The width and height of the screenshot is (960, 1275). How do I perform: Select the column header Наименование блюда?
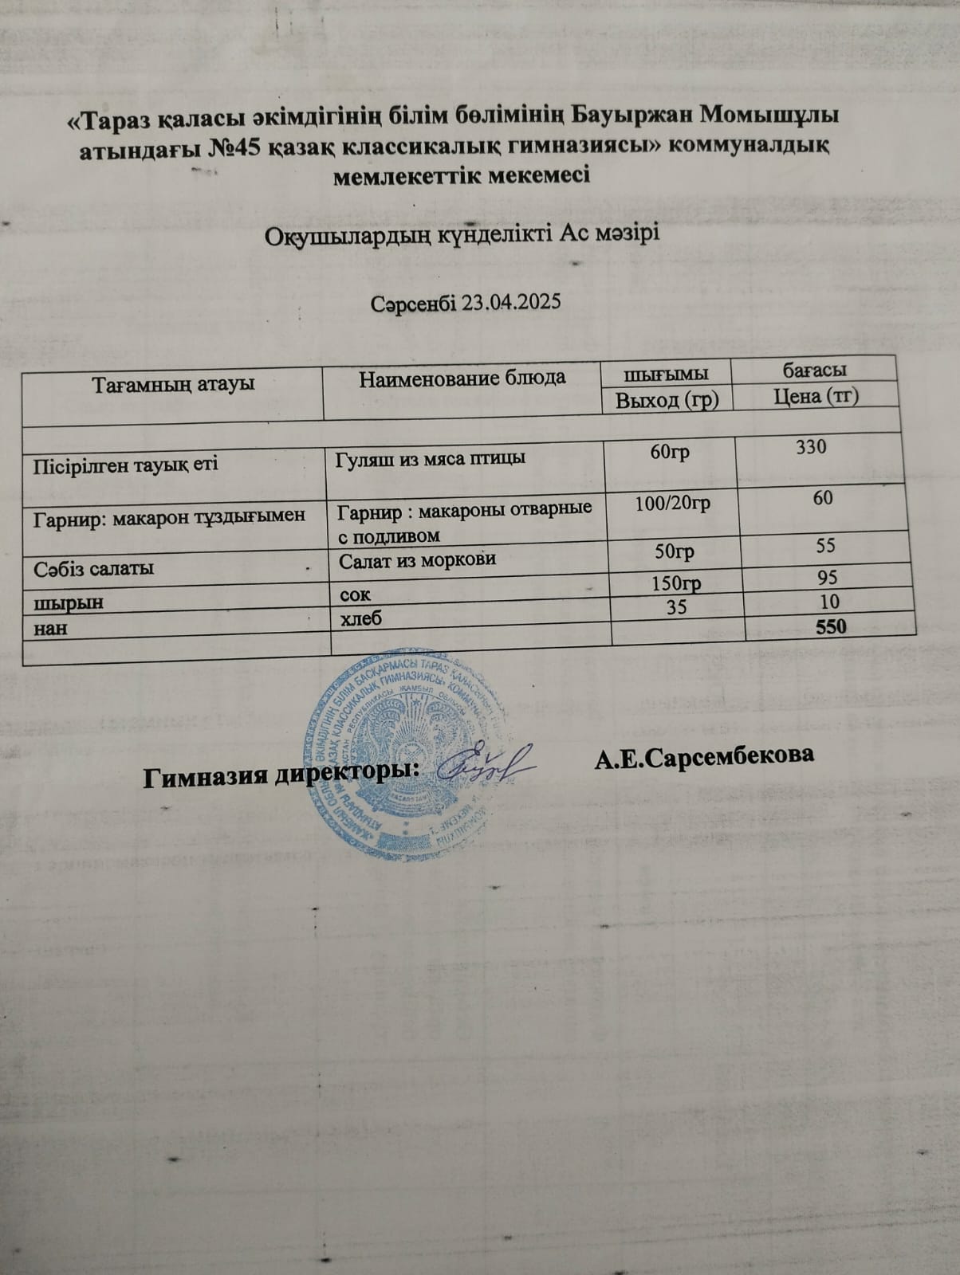coord(462,378)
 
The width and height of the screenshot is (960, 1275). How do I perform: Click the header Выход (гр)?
coord(667,399)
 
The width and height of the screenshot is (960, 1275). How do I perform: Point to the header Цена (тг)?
coord(816,395)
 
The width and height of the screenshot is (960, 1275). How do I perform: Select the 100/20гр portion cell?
coord(673,504)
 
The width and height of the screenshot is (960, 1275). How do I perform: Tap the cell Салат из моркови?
coord(417,559)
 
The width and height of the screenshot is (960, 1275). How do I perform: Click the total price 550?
coord(829,626)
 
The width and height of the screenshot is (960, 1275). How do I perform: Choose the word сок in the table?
coord(355,593)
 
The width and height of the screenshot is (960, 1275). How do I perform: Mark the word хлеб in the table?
coord(360,618)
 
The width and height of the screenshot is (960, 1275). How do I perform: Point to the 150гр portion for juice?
coord(676,585)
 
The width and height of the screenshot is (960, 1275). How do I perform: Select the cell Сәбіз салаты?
coord(93,568)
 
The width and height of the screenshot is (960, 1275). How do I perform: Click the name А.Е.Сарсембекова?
coord(704,756)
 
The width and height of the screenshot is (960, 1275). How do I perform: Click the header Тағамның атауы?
coord(173,384)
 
